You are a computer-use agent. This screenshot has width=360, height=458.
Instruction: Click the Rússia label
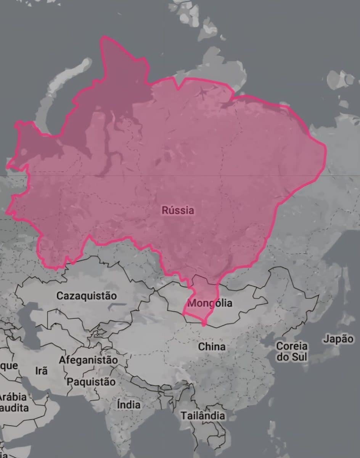tap(178, 210)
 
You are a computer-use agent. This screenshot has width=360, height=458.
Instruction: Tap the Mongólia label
tap(210, 303)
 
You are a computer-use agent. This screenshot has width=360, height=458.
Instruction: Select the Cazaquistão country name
tap(87, 296)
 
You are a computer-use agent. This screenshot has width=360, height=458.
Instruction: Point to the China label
tap(212, 347)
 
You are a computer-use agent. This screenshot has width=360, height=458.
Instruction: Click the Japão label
tap(338, 339)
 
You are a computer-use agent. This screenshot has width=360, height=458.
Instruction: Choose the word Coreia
tap(292, 346)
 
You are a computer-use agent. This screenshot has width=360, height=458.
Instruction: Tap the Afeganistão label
tap(88, 360)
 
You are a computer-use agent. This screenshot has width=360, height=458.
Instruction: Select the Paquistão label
tap(91, 382)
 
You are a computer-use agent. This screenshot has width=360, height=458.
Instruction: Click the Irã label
tap(41, 371)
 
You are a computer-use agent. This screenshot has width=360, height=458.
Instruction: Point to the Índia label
tap(129, 404)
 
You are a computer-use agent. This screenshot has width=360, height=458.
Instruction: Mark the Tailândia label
tap(202, 416)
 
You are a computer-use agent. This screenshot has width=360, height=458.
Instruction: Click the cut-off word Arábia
tap(13, 396)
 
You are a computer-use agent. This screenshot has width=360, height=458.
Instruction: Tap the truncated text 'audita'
tap(14, 408)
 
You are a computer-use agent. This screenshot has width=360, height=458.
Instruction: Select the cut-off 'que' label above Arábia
tap(9, 366)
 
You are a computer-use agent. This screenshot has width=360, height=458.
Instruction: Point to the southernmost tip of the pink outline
tap(204, 325)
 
